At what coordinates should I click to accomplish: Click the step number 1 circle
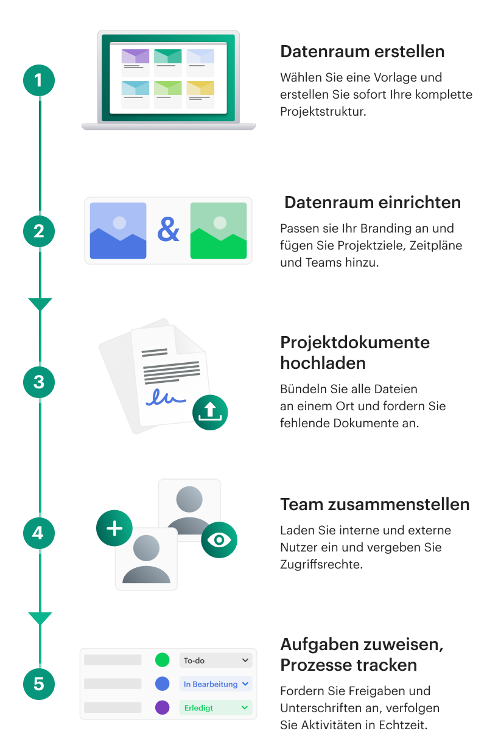coord(39,80)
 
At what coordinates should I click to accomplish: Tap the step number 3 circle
coord(39,382)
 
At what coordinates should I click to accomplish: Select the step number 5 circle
coord(39,684)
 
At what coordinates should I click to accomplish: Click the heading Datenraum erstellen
coord(362,52)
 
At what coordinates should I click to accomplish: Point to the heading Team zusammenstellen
coord(374,505)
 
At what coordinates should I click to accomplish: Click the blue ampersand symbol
coord(168,229)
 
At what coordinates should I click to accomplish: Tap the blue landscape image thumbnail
coord(118,231)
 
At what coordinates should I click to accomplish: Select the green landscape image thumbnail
coord(219,231)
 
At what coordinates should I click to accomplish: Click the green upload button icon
coord(210,412)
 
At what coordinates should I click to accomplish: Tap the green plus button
coord(114,528)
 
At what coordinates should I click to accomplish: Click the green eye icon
coord(219,540)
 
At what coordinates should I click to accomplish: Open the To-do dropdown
coord(215,660)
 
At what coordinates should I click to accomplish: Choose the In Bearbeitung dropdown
coord(215,684)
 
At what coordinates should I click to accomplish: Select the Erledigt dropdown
coord(215,707)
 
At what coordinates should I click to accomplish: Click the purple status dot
coord(162,707)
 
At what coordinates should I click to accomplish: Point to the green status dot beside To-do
coord(162,660)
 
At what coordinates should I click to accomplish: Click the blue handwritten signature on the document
coord(166,397)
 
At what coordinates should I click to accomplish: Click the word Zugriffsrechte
coord(321,564)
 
